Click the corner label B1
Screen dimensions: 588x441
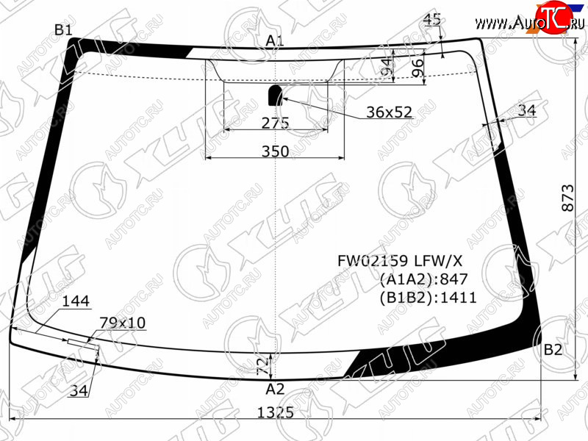63,29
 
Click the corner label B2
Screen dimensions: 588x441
553,350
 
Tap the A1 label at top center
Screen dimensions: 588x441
275,40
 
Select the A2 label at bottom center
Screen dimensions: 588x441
275,390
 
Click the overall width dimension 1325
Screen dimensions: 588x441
275,412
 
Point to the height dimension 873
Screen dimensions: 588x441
568,198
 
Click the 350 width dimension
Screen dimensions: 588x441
275,151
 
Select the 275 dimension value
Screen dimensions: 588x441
275,123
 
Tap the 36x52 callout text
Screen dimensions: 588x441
390,112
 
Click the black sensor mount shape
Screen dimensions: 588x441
275,96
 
